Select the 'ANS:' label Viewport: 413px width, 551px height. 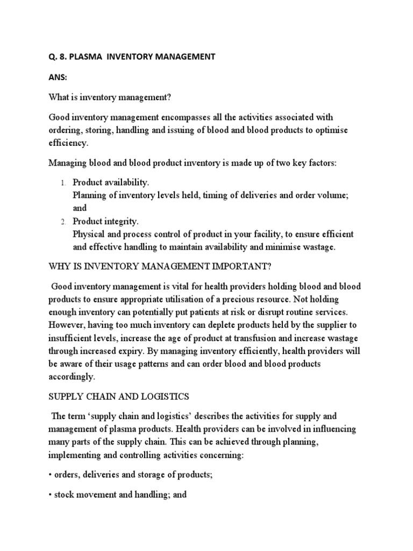[x=58, y=77]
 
